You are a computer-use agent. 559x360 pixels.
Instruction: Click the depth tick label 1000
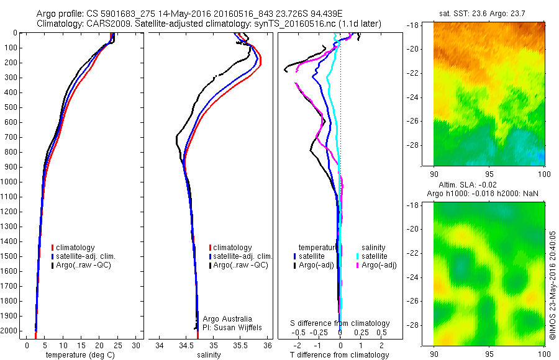coord(11,182)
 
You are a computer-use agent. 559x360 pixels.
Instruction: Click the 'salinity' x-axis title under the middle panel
coord(209,355)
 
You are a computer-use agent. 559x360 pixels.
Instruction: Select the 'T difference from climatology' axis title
coord(339,355)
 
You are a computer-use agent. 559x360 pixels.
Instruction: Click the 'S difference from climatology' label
coord(340,323)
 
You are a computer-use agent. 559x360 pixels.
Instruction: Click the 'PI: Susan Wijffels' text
coord(230,327)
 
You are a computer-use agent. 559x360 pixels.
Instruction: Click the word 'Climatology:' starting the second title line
coord(57,24)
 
